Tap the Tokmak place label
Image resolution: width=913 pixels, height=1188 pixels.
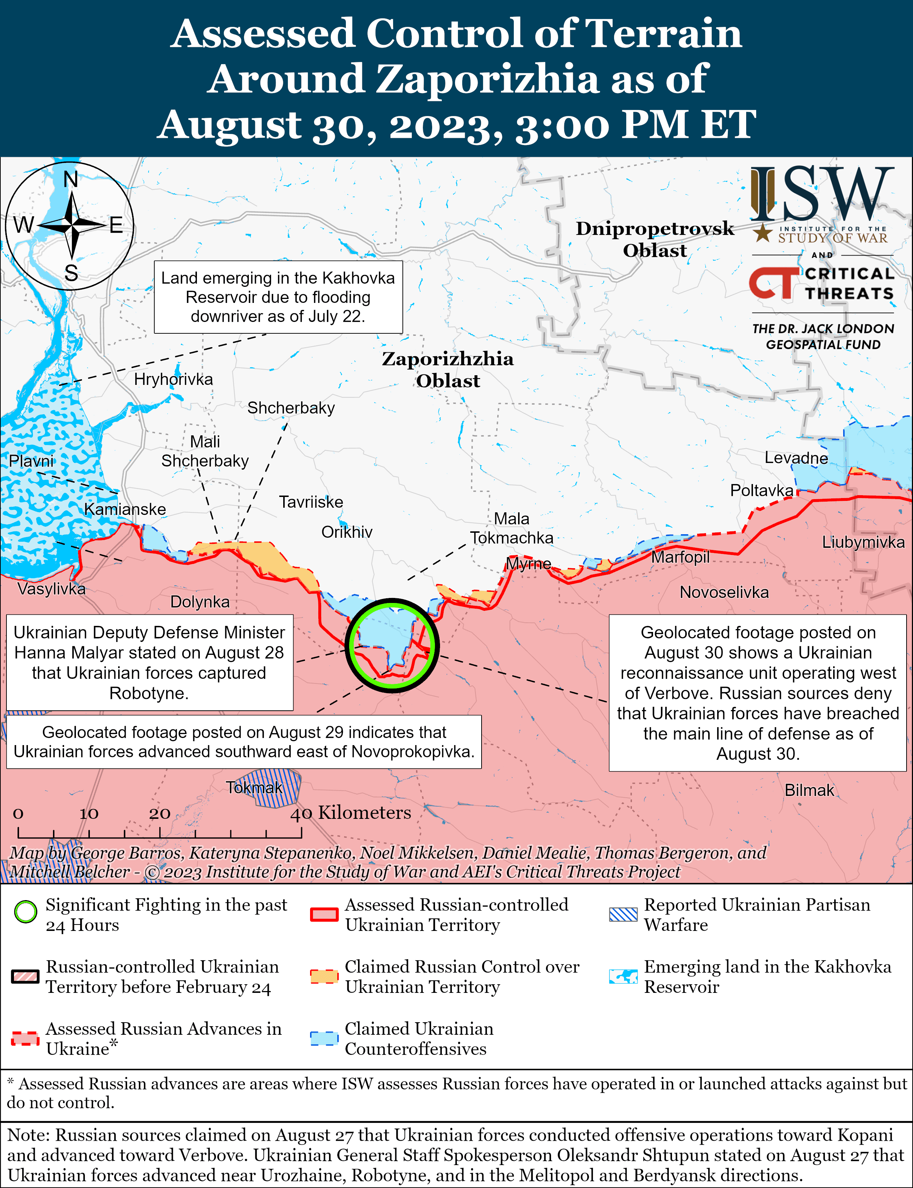(254, 787)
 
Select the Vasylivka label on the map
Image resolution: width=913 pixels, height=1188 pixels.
(52, 589)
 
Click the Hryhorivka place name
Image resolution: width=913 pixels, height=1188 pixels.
(173, 379)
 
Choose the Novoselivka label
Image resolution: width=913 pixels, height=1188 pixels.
(724, 592)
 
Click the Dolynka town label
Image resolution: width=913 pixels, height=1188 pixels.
(200, 602)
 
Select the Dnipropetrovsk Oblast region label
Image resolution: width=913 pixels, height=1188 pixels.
(655, 239)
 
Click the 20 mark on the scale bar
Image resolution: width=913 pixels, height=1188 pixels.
(160, 813)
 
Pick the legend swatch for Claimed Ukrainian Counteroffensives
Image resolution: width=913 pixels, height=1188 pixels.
(324, 1039)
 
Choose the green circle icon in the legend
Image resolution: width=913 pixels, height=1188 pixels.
(25, 912)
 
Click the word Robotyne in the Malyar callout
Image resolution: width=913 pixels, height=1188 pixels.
(149, 693)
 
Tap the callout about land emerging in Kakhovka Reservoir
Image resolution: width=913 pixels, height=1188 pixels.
(278, 297)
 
